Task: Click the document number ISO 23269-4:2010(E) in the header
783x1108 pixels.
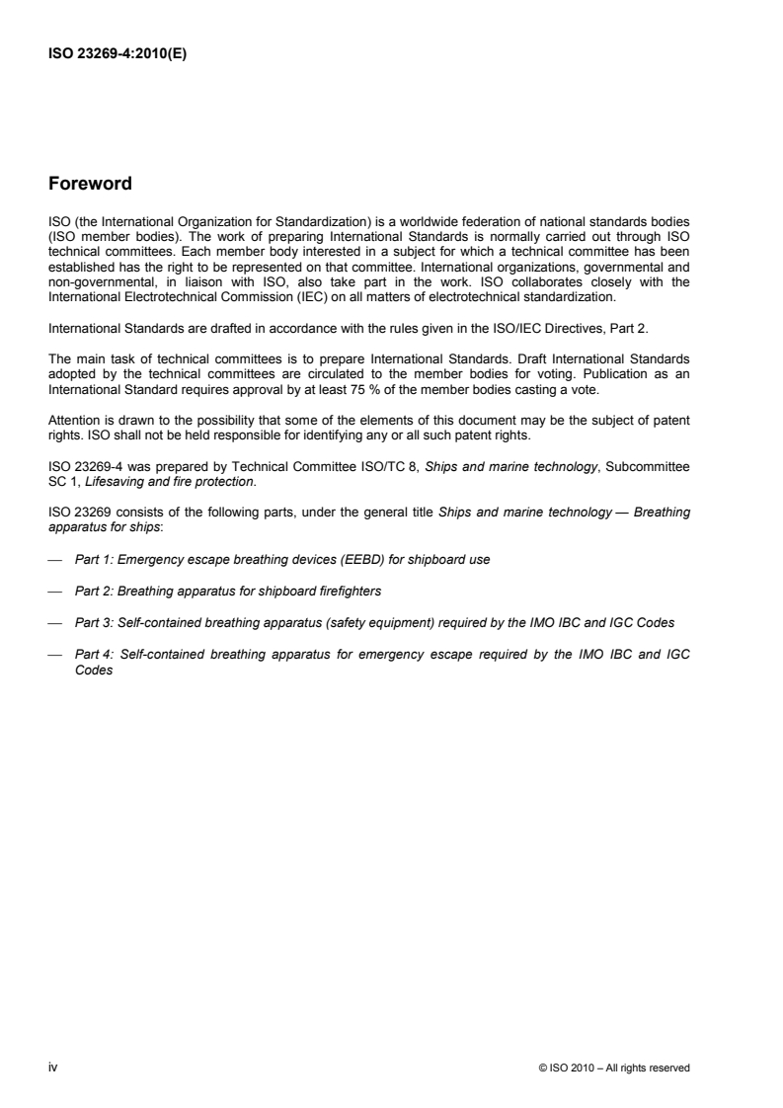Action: click(x=117, y=55)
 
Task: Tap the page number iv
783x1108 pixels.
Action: click(x=52, y=1040)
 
